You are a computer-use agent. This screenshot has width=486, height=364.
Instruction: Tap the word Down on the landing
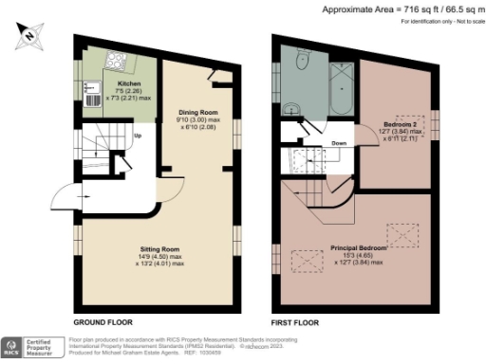pyautogui.click(x=338, y=144)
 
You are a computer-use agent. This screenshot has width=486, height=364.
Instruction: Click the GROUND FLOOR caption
pyautogui.click(x=102, y=322)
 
